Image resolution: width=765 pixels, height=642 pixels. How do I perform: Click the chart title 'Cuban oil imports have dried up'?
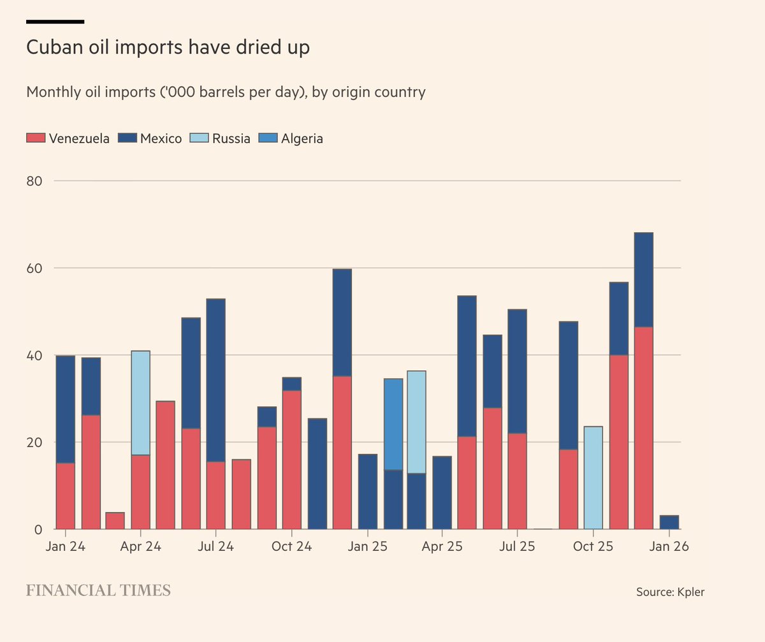click(168, 48)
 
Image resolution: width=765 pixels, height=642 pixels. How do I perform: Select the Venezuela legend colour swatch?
click(36, 138)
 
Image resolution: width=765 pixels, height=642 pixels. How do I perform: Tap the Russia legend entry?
click(222, 138)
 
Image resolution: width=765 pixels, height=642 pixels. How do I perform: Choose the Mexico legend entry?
click(151, 138)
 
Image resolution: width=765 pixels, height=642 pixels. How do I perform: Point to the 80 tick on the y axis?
click(34, 181)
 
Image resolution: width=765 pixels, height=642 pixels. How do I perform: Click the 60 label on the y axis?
click(34, 268)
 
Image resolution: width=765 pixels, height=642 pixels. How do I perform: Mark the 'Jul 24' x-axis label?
click(216, 547)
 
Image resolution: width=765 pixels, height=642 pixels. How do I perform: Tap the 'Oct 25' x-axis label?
click(593, 547)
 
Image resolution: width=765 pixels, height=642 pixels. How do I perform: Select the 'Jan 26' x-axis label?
click(669, 547)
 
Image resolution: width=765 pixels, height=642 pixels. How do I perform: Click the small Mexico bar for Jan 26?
click(669, 522)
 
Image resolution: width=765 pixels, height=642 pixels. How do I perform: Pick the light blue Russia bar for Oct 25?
click(593, 478)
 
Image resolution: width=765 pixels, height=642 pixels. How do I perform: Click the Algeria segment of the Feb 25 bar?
click(393, 424)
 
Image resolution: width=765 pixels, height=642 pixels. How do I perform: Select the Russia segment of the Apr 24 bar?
click(141, 403)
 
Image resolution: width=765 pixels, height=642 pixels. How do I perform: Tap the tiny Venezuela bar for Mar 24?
click(115, 521)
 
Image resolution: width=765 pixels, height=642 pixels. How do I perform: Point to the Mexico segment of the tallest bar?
click(644, 280)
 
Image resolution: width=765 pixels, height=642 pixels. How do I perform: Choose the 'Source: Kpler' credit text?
click(670, 592)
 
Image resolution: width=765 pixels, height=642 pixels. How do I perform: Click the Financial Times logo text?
click(98, 590)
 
